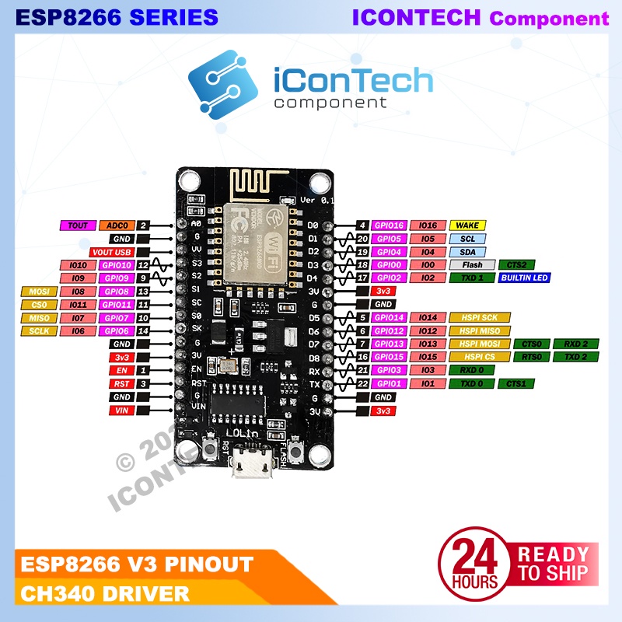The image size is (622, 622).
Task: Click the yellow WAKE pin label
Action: point(466,225)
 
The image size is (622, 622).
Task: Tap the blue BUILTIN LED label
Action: point(524,278)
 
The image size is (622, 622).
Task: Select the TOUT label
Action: point(78,225)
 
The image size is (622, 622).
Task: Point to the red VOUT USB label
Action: point(112,252)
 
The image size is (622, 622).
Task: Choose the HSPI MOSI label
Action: point(479,344)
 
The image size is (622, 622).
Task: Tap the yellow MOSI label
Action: point(39,292)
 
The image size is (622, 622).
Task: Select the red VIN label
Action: point(121,410)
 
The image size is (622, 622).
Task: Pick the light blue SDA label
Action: point(466,251)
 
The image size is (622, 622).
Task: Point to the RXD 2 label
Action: point(575,344)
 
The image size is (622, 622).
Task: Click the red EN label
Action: point(121,371)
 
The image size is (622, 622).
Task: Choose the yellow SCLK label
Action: point(39,331)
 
